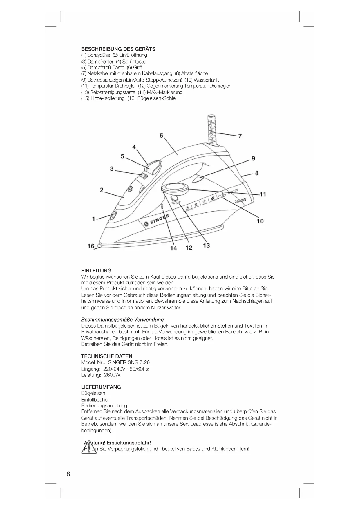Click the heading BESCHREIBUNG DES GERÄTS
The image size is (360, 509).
(x=118, y=49)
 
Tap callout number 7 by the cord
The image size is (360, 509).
(x=240, y=136)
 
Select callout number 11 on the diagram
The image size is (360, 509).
(x=263, y=194)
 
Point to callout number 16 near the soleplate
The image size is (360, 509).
(x=91, y=246)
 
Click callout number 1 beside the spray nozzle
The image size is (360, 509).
(x=93, y=219)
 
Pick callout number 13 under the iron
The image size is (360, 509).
(x=206, y=245)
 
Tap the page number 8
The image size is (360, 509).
(x=68, y=474)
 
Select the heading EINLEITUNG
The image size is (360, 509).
(x=96, y=271)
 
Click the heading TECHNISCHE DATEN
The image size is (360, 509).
(x=106, y=356)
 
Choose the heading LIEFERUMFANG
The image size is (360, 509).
(x=101, y=387)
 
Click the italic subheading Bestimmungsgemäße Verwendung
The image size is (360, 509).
(x=122, y=320)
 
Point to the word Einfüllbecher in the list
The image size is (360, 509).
(x=95, y=400)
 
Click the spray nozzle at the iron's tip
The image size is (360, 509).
(x=113, y=215)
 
